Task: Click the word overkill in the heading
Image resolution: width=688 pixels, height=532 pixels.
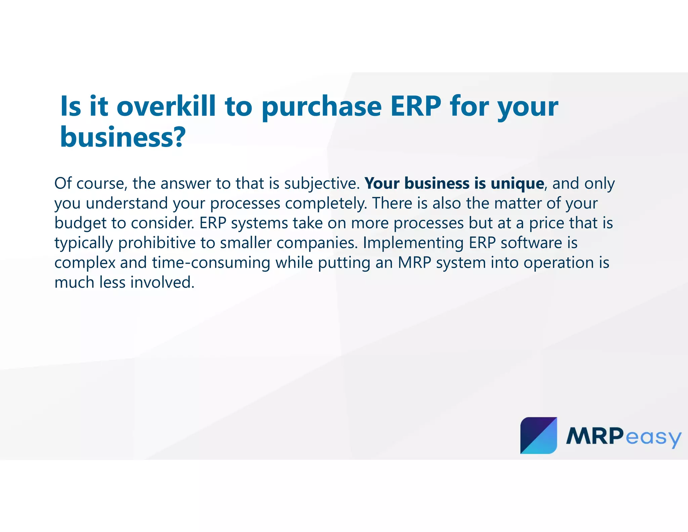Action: pyautogui.click(x=166, y=106)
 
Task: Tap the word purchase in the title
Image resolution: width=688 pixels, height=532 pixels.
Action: pyautogui.click(x=321, y=107)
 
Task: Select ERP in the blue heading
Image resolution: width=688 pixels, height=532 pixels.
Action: pyautogui.click(x=416, y=106)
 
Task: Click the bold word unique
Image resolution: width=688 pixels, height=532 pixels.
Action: pyautogui.click(x=517, y=184)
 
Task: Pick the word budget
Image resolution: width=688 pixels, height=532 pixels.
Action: pyautogui.click(x=80, y=223)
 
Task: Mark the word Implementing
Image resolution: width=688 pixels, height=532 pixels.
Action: pyautogui.click(x=413, y=243)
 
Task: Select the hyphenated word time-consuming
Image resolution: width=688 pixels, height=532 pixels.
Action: pyautogui.click(x=211, y=263)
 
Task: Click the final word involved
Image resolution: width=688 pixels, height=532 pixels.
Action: pyautogui.click(x=162, y=283)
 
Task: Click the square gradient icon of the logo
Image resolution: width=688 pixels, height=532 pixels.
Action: pyautogui.click(x=538, y=435)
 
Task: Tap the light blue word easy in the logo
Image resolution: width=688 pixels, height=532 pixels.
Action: pyautogui.click(x=653, y=438)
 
